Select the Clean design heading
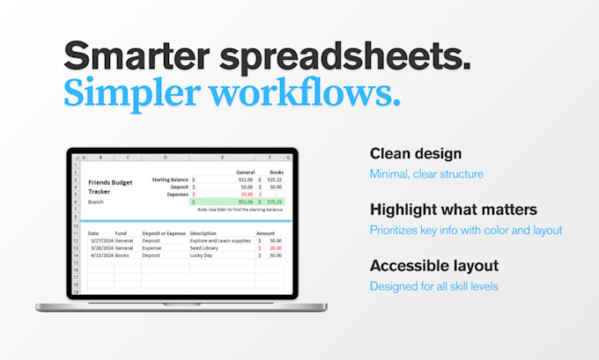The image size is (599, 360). [x=416, y=153]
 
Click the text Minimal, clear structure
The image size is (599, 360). [x=426, y=174]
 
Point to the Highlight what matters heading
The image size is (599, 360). [x=454, y=209]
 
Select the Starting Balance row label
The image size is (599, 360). [x=170, y=180]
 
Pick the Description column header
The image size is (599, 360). [x=203, y=233]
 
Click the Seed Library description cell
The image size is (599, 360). [x=205, y=248]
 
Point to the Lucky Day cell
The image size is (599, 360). [x=203, y=255]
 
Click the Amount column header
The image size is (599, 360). [x=266, y=233]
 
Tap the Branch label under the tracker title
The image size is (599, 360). [x=97, y=202]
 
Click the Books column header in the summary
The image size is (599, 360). [x=275, y=173]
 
